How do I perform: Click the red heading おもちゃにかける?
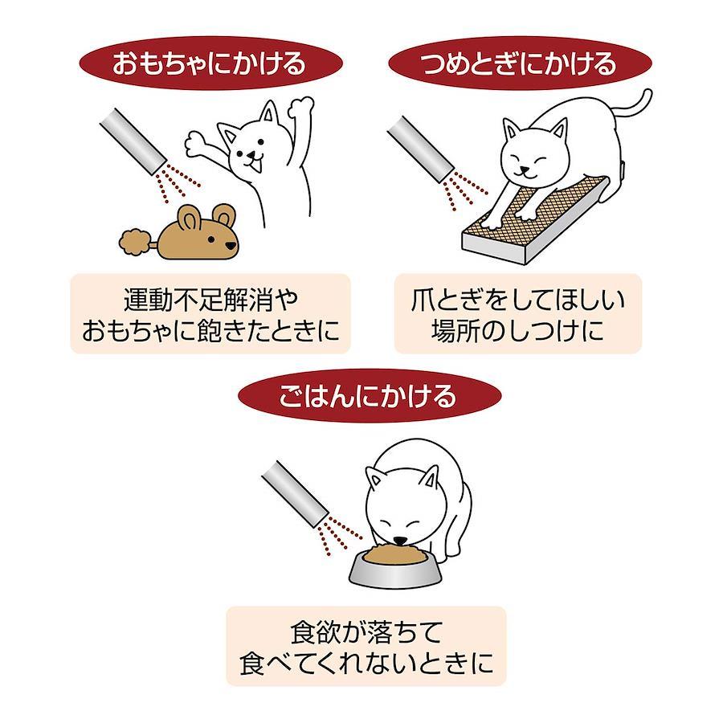210,63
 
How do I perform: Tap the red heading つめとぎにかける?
520,63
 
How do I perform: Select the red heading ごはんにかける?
369,395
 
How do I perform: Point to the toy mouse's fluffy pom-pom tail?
136,243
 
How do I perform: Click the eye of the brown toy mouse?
210,239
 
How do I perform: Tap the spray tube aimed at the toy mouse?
133,141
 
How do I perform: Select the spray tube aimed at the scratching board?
420,149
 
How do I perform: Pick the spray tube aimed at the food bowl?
295,493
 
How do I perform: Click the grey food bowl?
395,571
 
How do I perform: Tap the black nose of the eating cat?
400,540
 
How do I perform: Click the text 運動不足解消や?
210,300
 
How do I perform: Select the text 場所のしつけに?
518,330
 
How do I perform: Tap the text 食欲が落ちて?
367,633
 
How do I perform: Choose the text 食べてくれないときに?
367,663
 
